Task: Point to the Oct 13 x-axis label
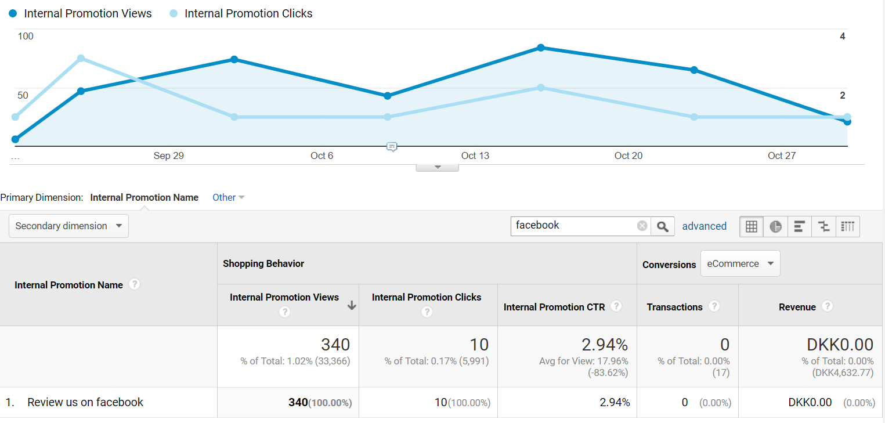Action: coord(475,156)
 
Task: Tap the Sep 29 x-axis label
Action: coord(168,156)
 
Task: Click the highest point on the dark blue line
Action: coord(541,48)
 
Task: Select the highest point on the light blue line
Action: coord(81,58)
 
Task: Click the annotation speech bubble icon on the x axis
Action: coord(392,147)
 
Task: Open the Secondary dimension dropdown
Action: coord(68,226)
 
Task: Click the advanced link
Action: coord(704,226)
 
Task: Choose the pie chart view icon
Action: coord(775,226)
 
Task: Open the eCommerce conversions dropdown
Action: coord(740,263)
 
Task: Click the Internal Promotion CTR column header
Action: coord(554,307)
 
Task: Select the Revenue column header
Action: coord(797,307)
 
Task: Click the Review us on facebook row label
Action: coord(85,402)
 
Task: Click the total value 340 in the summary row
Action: coord(335,345)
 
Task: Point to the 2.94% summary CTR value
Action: coord(605,345)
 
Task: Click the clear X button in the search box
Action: coord(642,226)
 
